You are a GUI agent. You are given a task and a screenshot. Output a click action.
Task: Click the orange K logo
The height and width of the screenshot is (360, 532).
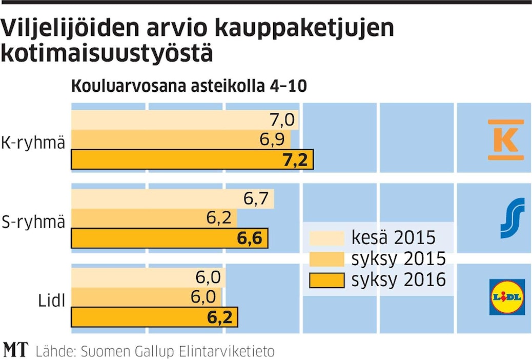click(506, 139)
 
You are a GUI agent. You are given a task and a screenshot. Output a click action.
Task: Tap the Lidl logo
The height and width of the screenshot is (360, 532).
click(507, 296)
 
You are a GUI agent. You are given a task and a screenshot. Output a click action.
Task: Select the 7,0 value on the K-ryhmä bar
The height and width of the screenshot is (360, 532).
click(281, 121)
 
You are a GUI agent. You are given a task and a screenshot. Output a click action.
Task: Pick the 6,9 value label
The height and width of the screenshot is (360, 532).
click(273, 140)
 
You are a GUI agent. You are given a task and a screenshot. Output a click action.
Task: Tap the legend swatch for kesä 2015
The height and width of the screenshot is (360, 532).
click(326, 238)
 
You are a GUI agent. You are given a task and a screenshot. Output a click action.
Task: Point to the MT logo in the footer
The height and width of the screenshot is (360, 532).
click(16, 349)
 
